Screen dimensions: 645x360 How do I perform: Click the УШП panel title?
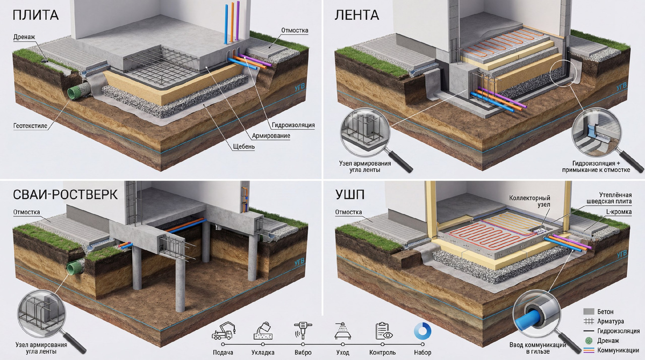point(352,195)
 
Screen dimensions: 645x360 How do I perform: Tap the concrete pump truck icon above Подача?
point(223,331)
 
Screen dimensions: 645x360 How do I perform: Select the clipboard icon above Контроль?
point(382,330)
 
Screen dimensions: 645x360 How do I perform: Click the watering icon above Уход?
point(342,331)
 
